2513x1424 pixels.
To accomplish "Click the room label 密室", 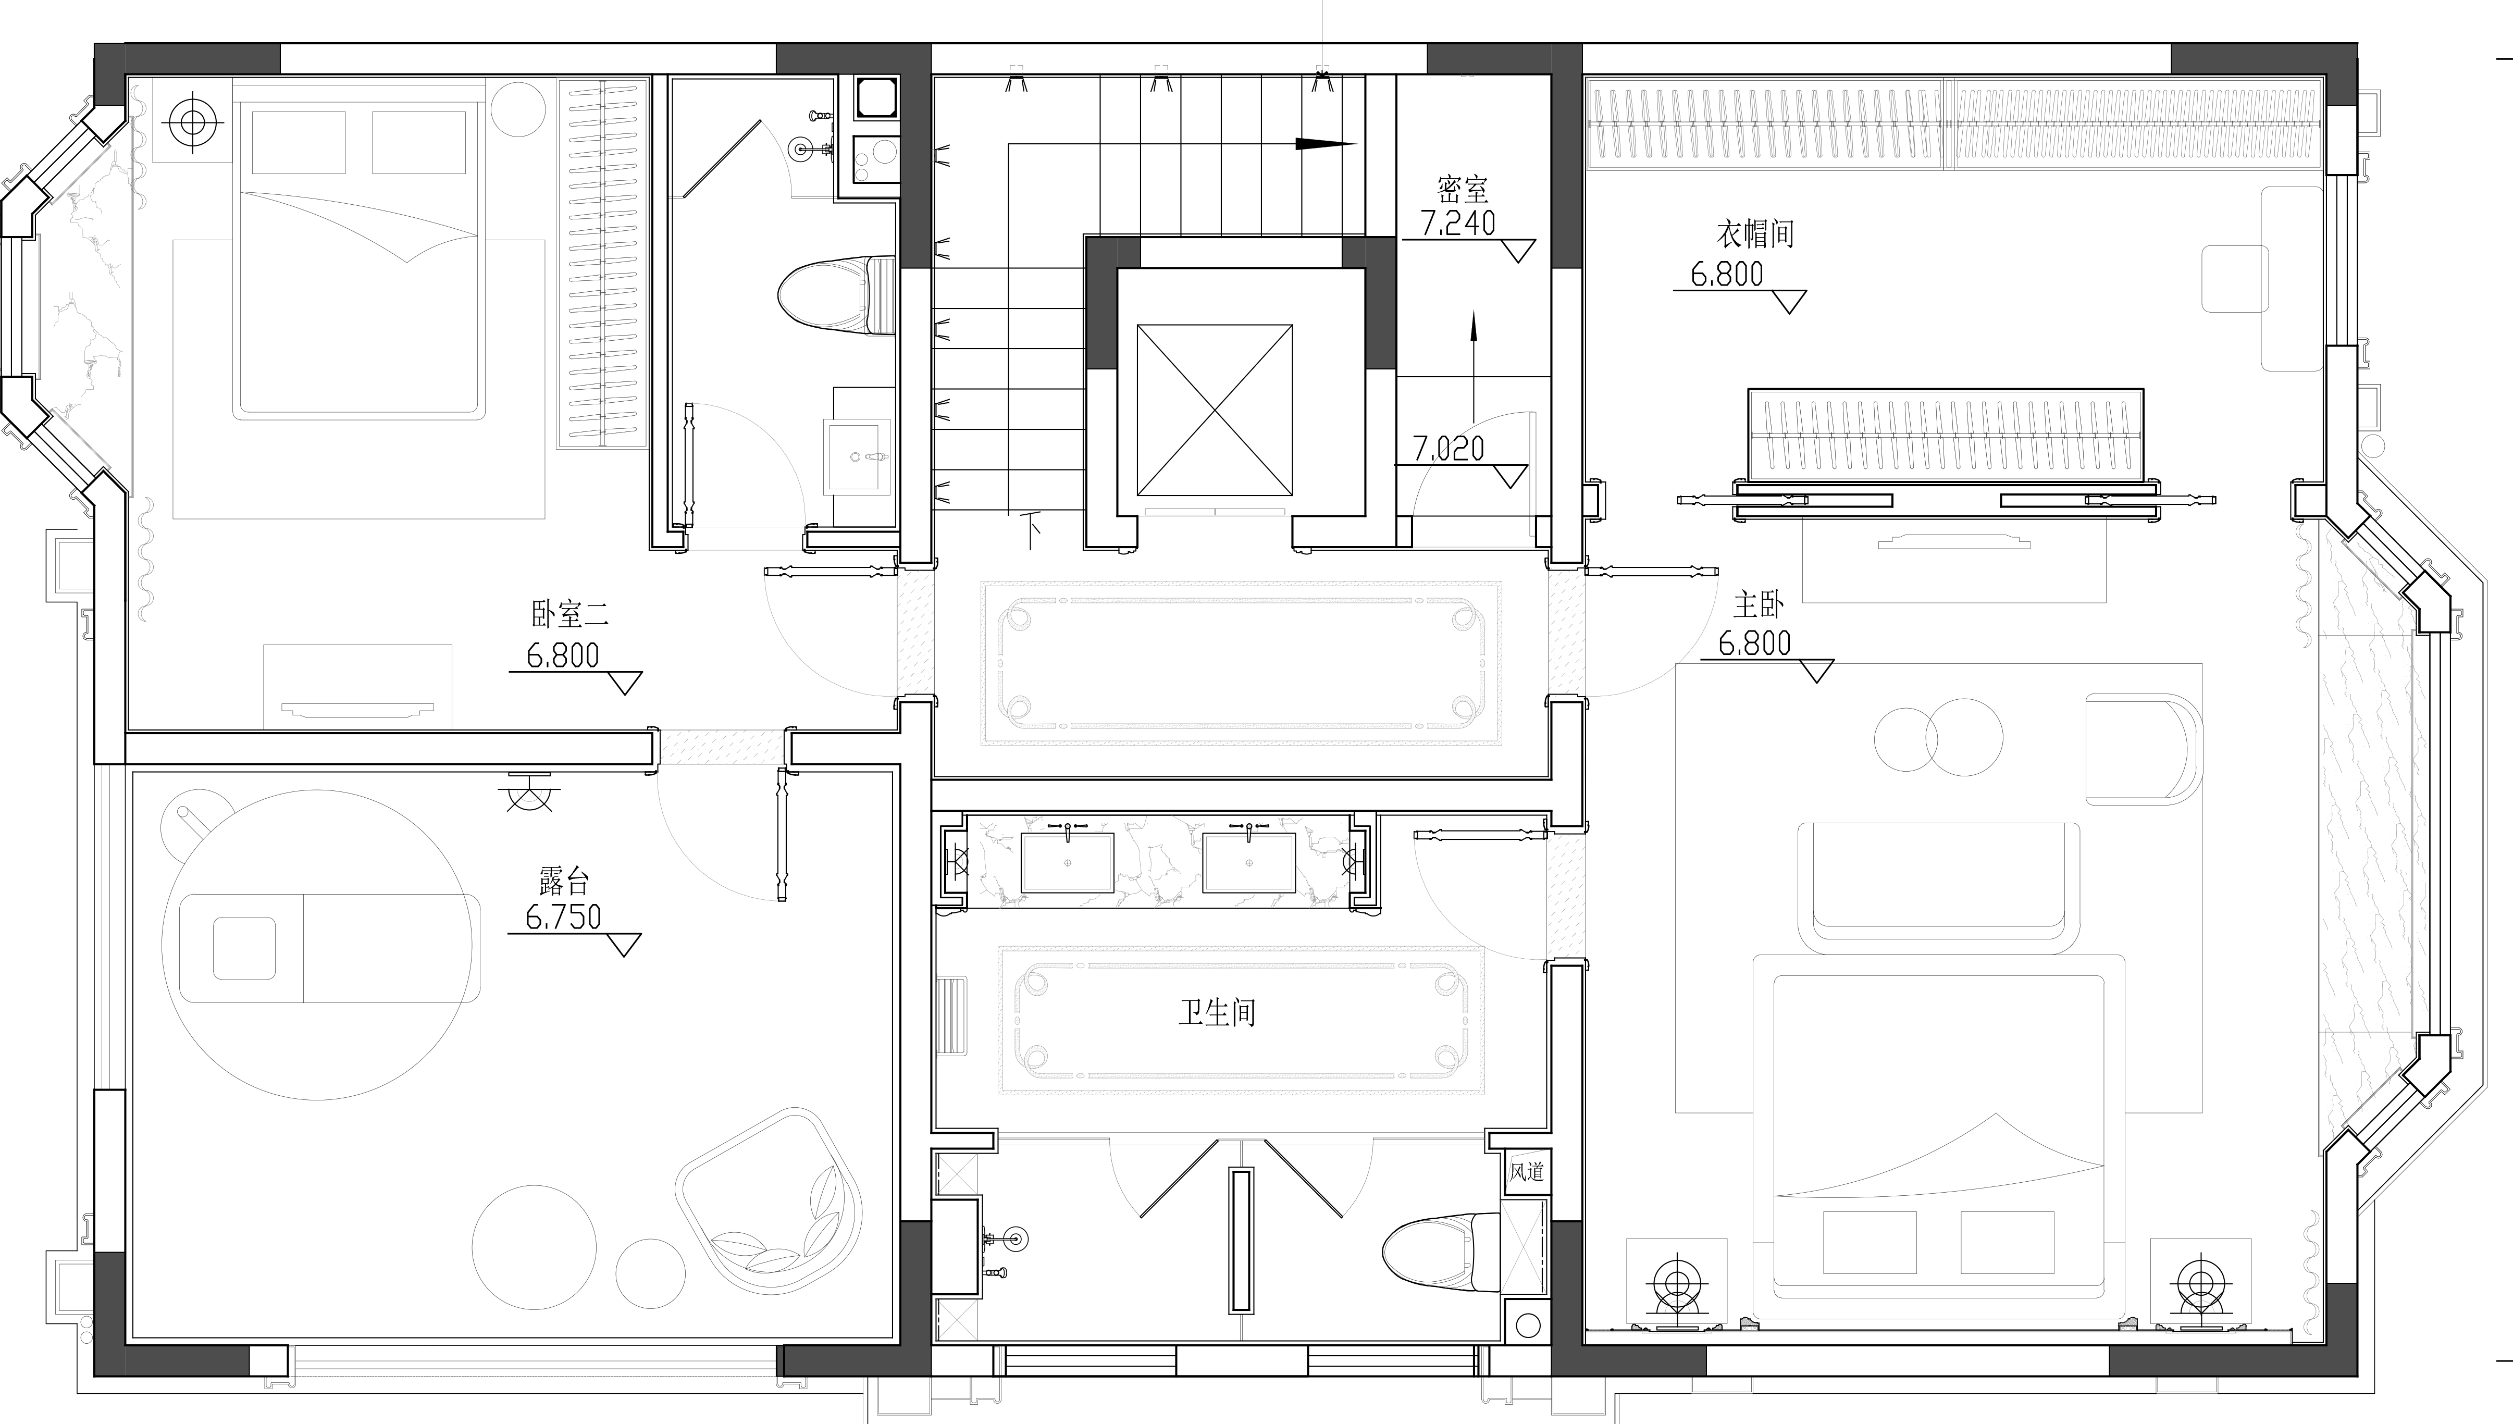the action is tap(1463, 189).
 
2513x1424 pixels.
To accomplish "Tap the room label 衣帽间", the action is tap(1755, 234).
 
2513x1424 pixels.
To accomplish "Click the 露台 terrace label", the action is tap(564, 881).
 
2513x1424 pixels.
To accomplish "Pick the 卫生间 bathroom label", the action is tap(1217, 1011).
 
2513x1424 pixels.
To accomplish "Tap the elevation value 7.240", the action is tap(1458, 224).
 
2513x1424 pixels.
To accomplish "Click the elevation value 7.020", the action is tap(1449, 449).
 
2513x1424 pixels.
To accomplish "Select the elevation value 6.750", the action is tap(563, 918).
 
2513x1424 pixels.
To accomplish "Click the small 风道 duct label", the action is tap(1526, 1171).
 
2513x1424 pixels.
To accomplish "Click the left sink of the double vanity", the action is tap(1067, 863).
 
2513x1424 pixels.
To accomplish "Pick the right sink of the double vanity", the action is tap(1248, 863).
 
